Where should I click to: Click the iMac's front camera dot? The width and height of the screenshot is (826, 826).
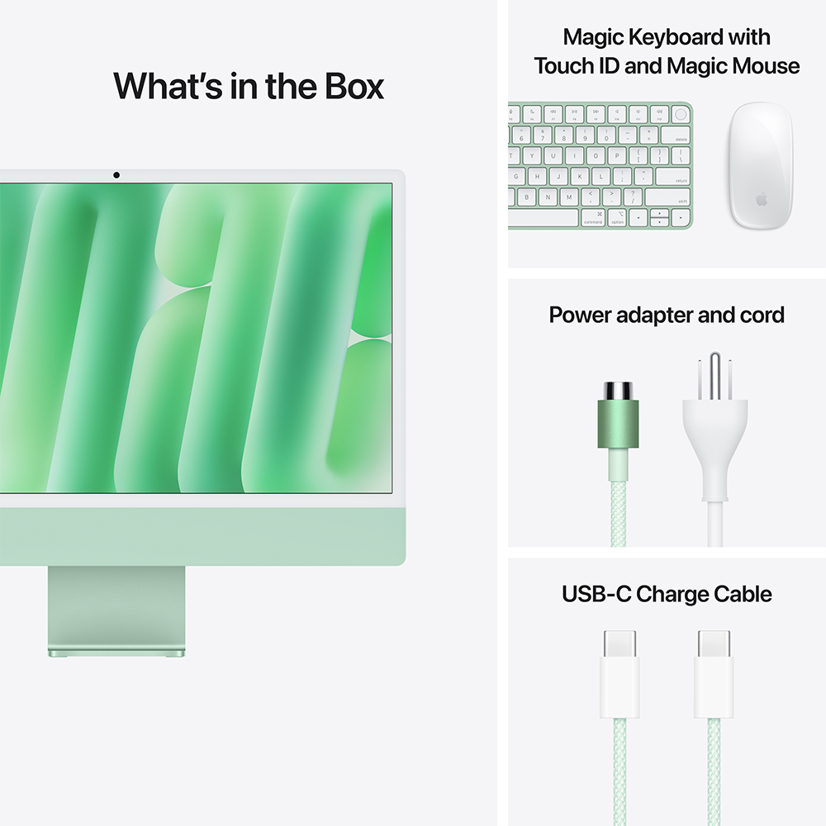pos(116,175)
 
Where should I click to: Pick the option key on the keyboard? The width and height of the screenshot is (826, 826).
pos(617,218)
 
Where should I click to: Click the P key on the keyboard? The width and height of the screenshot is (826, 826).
pos(617,155)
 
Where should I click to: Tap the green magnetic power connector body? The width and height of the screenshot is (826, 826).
pos(618,424)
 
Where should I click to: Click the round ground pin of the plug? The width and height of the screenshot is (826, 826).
pos(714,369)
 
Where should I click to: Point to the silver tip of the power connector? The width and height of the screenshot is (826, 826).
pos(618,389)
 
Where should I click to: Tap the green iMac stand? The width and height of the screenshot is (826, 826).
pos(116,611)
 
